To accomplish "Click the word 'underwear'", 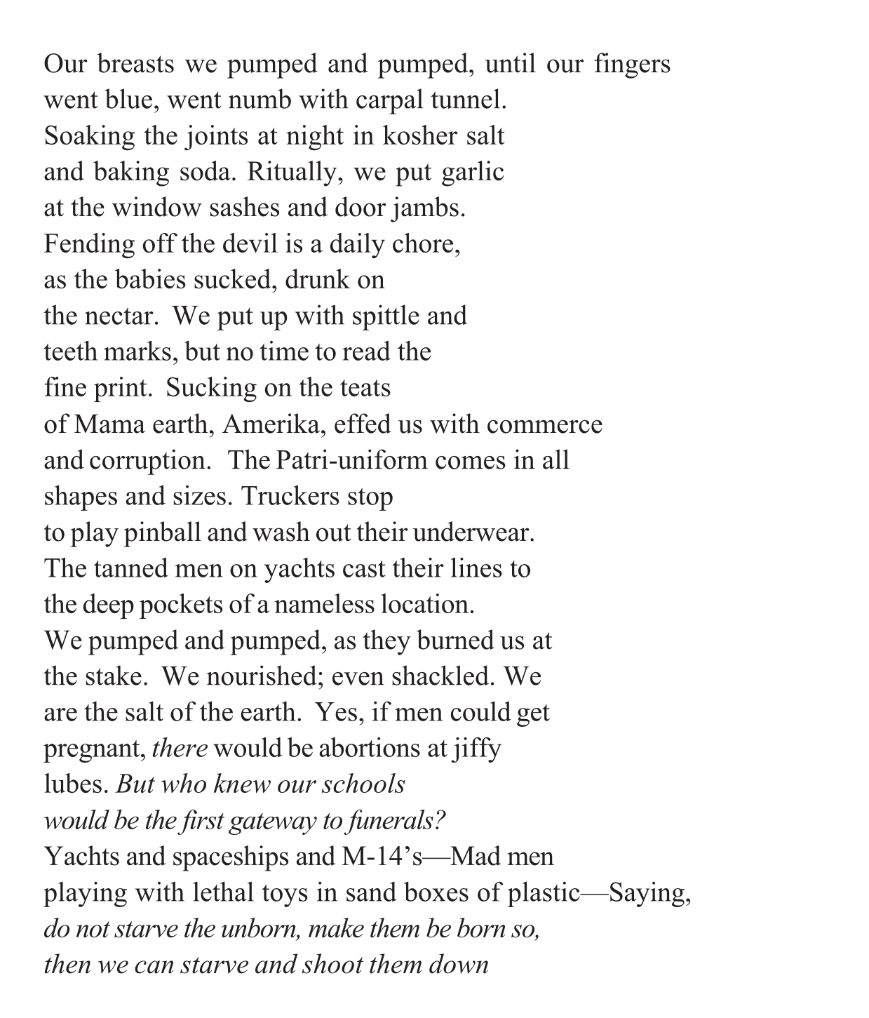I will coord(473,533).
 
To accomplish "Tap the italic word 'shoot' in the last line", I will coord(334,965).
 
